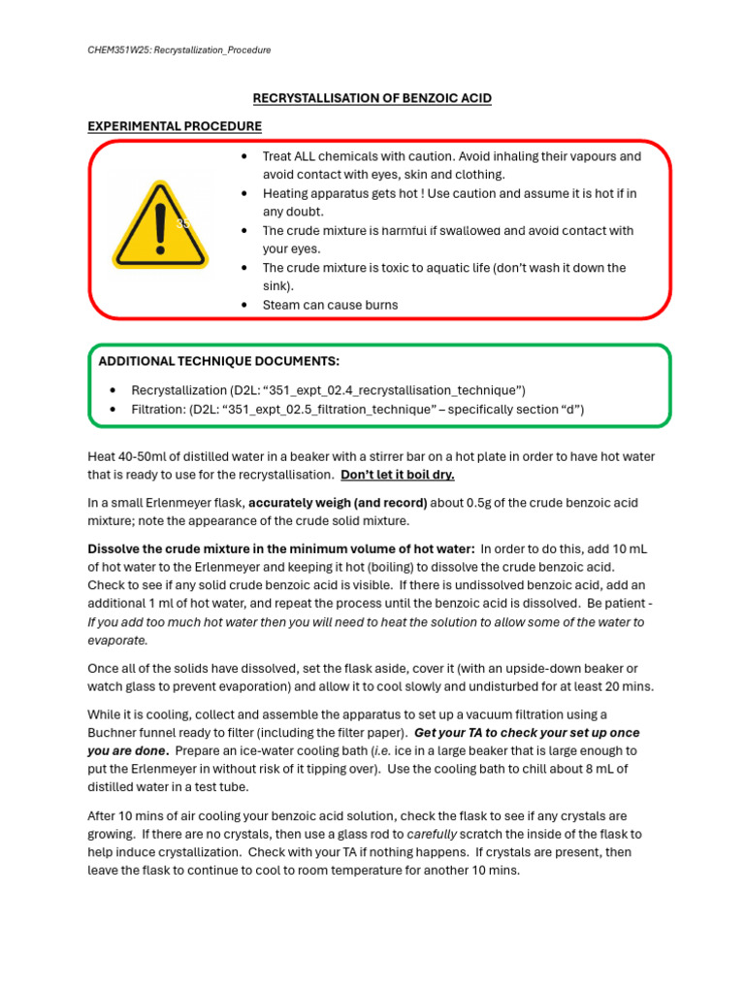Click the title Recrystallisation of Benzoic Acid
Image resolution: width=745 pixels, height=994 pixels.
(372, 99)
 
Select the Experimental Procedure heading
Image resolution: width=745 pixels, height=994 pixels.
(175, 126)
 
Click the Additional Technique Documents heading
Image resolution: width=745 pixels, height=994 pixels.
(219, 361)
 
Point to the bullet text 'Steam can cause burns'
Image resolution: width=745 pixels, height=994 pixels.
(330, 305)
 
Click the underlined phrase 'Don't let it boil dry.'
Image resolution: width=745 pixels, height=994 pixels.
(398, 475)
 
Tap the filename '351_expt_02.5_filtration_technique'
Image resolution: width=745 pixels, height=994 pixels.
(328, 409)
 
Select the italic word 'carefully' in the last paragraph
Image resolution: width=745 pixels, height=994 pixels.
(433, 834)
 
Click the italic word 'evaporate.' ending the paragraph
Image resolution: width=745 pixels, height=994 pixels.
(118, 641)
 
